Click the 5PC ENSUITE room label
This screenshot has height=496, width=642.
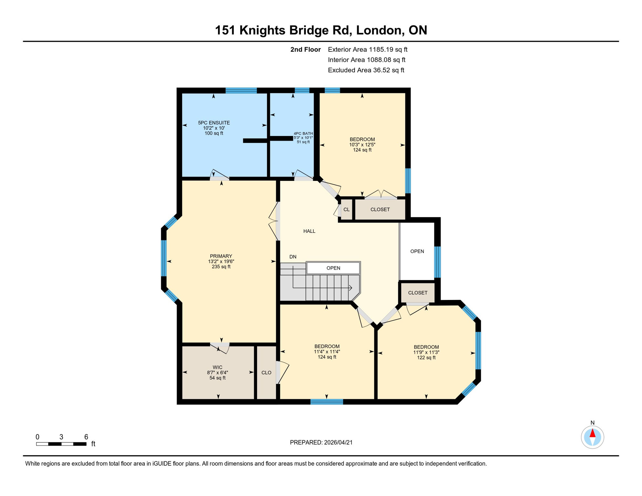214,123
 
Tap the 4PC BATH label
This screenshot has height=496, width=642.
303,133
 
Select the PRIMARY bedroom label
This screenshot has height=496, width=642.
221,256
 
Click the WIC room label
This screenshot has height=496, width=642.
217,367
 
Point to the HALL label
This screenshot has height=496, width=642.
309,231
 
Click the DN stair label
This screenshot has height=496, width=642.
293,257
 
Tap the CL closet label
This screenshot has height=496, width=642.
346,210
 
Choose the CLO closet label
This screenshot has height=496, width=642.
266,373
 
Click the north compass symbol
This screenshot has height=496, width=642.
592,437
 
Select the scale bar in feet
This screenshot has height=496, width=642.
61,444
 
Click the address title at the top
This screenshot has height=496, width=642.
321,30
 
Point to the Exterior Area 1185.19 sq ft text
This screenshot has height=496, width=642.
367,49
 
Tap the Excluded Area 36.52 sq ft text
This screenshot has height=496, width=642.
366,70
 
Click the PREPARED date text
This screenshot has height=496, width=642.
321,442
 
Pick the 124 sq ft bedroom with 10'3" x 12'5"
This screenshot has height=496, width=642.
362,144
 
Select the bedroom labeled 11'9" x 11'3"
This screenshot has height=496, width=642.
426,352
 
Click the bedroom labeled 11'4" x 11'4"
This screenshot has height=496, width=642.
327,352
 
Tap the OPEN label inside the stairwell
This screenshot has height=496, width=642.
333,268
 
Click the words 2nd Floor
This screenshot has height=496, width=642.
305,49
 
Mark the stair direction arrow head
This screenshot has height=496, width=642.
351,288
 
